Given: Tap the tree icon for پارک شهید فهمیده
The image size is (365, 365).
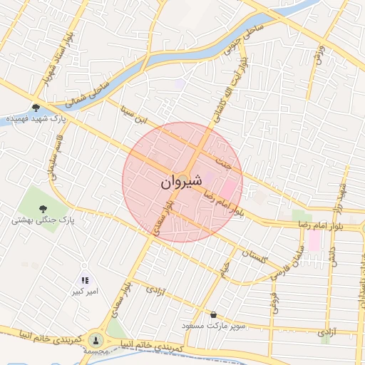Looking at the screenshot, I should (36, 108).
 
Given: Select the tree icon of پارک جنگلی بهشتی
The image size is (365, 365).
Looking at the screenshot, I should (43, 208).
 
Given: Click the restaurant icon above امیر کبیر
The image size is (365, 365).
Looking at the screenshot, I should (85, 281).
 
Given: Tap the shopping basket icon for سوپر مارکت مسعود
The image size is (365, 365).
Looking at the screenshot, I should (214, 314).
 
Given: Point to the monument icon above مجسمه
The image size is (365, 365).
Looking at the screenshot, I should (96, 339).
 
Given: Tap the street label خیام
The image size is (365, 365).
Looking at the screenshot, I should (224, 270).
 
